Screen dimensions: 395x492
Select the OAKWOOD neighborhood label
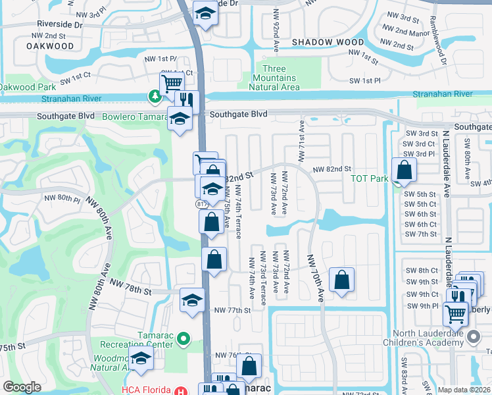click(x=51, y=46)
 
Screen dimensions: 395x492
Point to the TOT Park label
click(x=370, y=178)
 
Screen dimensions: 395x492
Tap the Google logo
click(x=22, y=387)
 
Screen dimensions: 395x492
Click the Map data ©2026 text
click(x=464, y=390)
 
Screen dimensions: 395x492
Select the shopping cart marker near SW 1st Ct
click(x=172, y=83)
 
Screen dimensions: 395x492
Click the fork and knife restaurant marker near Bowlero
click(x=187, y=101)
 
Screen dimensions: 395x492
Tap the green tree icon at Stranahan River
click(x=155, y=97)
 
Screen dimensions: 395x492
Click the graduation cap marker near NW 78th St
click(x=191, y=300)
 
